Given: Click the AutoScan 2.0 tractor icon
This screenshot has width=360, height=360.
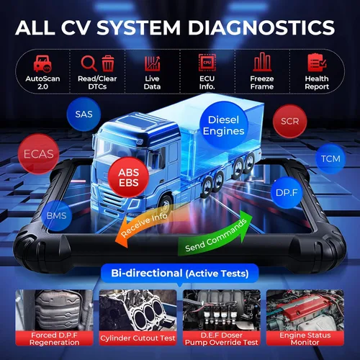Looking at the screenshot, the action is pos(42,63).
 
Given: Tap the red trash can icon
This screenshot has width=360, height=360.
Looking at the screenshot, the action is pos(108,63).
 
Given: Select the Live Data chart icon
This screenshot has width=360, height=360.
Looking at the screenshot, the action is pos(152,63).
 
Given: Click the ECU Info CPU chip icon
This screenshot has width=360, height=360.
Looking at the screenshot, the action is pos(207,63).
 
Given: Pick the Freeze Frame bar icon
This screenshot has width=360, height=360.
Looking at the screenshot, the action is pos(262,62).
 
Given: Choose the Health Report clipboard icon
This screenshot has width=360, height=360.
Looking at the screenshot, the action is pos(317,63).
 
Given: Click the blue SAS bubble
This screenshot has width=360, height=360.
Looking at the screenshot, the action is pos(84,114).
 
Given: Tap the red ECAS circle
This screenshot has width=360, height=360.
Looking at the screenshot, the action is pos(38,154).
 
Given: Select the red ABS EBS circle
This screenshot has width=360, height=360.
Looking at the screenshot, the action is pos(128,177).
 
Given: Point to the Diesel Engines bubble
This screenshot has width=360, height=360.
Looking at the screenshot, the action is pos(223,125).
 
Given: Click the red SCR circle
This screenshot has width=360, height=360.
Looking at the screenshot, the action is pos(290,121).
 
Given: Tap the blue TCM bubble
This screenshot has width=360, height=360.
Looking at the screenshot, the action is pos(330,158).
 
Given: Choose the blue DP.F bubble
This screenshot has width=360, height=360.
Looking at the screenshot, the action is pos(287,192).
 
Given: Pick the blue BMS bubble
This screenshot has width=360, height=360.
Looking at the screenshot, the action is pos(57,215).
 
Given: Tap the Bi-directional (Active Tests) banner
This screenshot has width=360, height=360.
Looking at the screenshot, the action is pos(180,274).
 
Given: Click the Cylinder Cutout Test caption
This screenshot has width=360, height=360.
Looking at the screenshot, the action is pos(138,338).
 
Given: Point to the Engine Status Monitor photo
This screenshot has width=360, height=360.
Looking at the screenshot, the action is pos(305,310).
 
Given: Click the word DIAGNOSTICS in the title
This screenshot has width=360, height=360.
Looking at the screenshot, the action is pos(261,27).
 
